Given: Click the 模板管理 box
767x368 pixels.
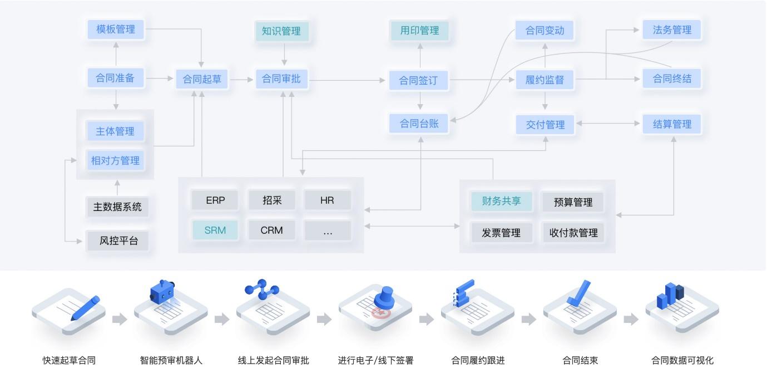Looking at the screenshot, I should pyautogui.click(x=116, y=30).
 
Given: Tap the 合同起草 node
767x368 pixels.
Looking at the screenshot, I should pyautogui.click(x=201, y=80).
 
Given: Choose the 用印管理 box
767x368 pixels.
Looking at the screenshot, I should pyautogui.click(x=419, y=31).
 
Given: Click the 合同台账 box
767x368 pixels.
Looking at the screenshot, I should pyautogui.click(x=419, y=124).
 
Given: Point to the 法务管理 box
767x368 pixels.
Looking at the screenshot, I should pyautogui.click(x=672, y=30).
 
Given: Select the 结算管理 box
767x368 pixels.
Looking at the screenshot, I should pyautogui.click(x=672, y=124).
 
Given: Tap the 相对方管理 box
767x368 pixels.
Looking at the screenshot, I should pyautogui.click(x=116, y=161).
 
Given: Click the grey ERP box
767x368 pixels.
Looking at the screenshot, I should pyautogui.click(x=215, y=200).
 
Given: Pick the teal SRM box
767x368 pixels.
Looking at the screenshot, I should pyautogui.click(x=215, y=230).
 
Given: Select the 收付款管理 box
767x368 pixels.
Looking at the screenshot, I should pyautogui.click(x=573, y=233).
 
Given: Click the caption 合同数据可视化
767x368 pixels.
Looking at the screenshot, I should pyautogui.click(x=682, y=360).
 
